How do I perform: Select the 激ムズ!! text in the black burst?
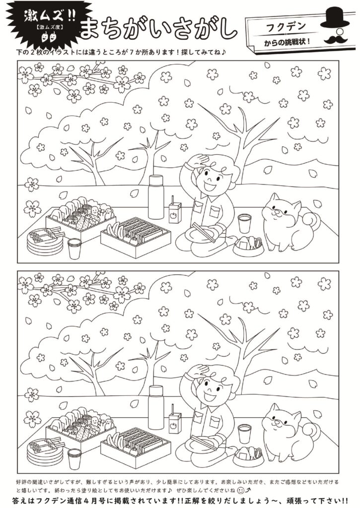49,15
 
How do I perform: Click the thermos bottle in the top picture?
156,197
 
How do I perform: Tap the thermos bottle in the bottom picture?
156,407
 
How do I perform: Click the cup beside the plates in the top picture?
74,249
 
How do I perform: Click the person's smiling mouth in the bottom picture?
209,396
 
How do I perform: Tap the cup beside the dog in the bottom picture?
244,434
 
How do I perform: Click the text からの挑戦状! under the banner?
288,42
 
